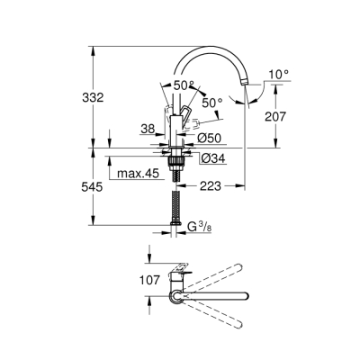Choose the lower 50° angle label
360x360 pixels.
(x=211, y=103)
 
